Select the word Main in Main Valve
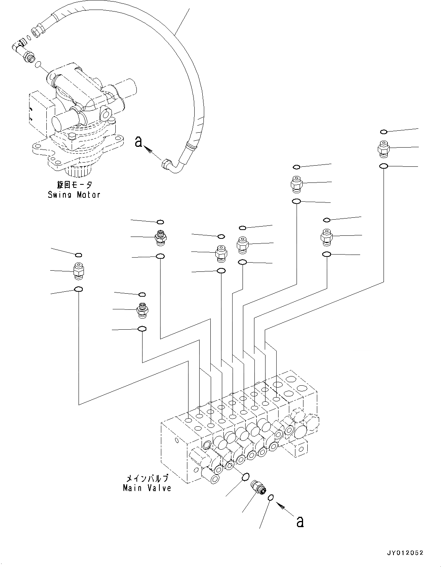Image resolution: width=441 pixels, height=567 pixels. [x=133, y=488]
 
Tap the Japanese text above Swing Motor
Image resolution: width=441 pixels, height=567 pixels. [x=75, y=185]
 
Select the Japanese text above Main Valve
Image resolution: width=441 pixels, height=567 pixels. [x=148, y=478]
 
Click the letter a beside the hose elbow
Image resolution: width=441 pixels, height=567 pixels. [x=138, y=143]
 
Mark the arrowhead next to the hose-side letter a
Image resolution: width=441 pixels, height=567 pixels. [x=149, y=150]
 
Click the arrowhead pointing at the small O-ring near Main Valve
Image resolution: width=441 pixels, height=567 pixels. [x=280, y=506]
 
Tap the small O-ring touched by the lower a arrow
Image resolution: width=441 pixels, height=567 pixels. [x=271, y=498]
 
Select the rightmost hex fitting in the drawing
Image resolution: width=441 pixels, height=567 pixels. [x=384, y=149]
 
